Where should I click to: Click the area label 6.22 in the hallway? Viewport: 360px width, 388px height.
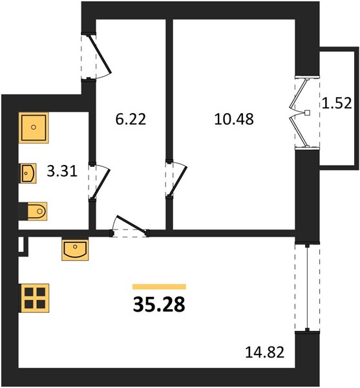(131, 119)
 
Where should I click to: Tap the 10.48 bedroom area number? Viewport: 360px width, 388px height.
(234, 119)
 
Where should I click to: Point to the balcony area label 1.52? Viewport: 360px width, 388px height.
(337, 103)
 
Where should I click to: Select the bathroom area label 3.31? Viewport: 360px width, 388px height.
(62, 171)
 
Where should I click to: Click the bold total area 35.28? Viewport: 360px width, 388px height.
(159, 305)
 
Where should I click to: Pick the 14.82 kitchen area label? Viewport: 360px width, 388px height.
(264, 352)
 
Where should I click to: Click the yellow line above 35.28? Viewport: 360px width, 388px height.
(159, 286)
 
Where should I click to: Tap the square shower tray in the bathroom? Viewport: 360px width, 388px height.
(34, 127)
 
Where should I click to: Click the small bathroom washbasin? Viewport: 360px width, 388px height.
(28, 173)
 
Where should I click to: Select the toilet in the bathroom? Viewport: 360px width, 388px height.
(37, 211)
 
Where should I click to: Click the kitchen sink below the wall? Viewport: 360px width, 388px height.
(75, 249)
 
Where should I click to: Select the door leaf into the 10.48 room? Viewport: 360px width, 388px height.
(177, 182)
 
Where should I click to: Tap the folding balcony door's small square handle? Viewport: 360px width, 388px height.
(307, 113)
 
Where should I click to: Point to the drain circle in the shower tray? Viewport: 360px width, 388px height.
(34, 127)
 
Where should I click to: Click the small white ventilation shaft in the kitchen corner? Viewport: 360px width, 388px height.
(21, 245)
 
